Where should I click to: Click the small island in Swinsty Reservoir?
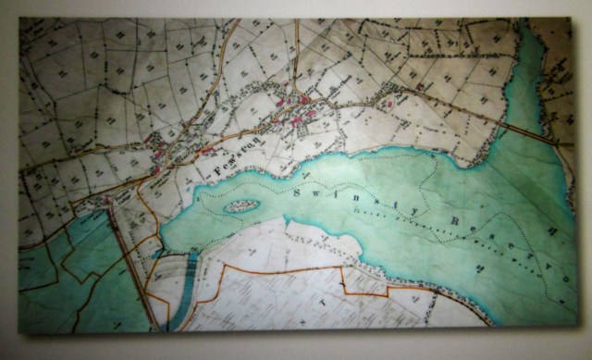[x=240, y=205]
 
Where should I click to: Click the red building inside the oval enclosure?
[x=389, y=105]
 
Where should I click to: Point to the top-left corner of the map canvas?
[x=20, y=19]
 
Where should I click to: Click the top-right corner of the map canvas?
[x=572, y=20]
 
